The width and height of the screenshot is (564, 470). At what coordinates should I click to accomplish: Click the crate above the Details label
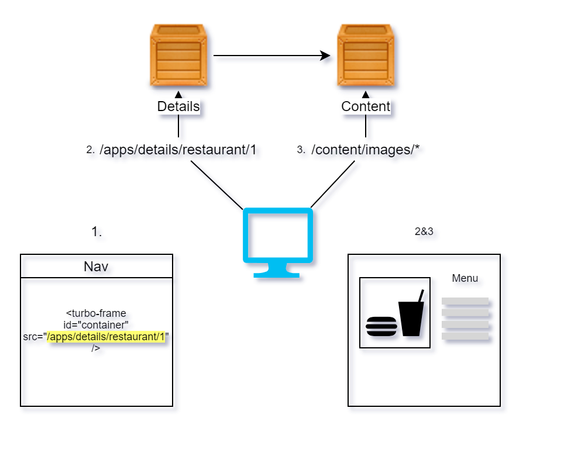point(178,56)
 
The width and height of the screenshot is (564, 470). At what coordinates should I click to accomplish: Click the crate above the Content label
point(366,56)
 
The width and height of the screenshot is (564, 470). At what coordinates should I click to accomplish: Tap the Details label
point(178,107)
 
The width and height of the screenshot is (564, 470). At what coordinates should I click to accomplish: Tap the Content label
point(366,107)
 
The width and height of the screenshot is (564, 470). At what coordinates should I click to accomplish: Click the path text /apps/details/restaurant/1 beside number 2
point(178,150)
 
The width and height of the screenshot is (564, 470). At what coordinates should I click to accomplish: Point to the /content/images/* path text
point(366,150)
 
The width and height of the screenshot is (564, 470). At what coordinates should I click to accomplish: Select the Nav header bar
point(97,267)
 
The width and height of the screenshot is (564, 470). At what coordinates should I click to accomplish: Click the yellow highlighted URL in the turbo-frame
point(106,337)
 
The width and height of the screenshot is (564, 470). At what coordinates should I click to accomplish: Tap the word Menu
point(465,279)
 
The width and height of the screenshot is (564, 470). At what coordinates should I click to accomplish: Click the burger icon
point(381,326)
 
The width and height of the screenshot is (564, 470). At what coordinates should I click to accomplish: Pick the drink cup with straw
point(411,316)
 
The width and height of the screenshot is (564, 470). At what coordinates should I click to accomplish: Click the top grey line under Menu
point(465,301)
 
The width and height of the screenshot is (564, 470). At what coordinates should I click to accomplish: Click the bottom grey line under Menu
point(465,336)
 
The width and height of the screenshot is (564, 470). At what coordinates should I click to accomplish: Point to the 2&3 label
point(424,231)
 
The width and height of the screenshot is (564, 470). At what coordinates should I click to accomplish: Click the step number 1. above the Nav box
point(97,232)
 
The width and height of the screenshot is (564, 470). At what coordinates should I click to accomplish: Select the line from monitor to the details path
point(216,184)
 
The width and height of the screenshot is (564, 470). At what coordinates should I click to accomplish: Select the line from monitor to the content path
point(332,184)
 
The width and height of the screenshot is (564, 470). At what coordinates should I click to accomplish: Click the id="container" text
point(97,325)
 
